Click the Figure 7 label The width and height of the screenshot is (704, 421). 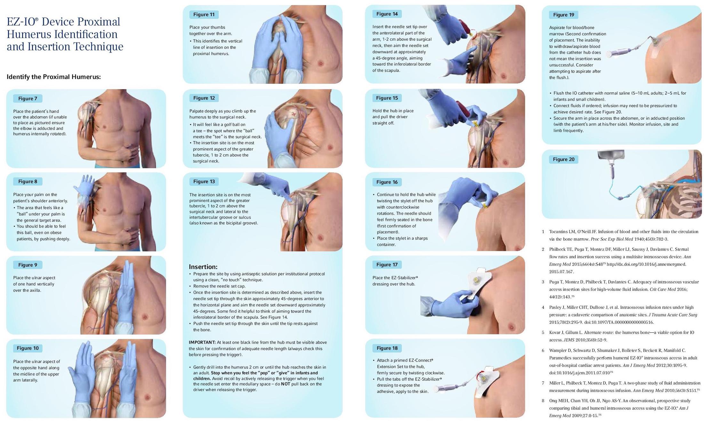(28, 99)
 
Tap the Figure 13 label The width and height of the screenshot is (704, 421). (204, 182)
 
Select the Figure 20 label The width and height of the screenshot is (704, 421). (564, 159)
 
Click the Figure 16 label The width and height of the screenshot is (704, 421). (387, 182)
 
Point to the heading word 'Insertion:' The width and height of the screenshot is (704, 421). (203, 267)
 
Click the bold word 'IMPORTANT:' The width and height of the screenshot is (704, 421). (202, 342)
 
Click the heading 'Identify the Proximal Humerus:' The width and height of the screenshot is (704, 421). (54, 77)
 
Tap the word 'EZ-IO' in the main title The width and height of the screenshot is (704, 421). (22, 22)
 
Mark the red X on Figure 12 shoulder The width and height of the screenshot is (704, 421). (294, 114)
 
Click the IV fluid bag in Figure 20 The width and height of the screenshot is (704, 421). (611, 156)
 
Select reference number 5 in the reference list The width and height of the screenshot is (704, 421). (543, 332)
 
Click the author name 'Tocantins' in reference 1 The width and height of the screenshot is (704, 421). (559, 232)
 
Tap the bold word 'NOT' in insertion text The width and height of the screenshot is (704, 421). (285, 384)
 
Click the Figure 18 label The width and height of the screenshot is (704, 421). (387, 348)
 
